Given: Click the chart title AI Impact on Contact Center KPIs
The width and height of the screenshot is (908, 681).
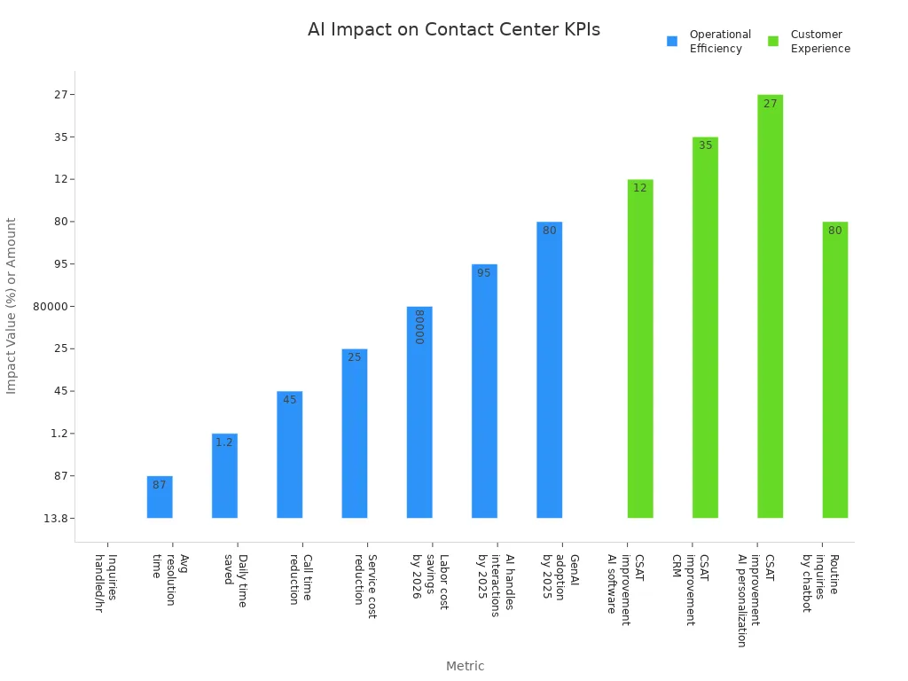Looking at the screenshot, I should coord(453,29).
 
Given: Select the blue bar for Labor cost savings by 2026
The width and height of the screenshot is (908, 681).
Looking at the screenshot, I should coord(419,412).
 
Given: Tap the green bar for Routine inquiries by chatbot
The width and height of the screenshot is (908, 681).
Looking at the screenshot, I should coord(834,370).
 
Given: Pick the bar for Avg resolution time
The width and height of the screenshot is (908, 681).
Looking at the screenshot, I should coord(160,497).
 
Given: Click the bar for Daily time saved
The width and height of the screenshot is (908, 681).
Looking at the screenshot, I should coord(224,475).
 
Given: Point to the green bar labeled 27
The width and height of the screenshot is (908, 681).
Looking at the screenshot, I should coord(770,306).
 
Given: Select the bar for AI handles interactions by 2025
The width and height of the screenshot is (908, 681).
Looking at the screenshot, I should coord(484,391).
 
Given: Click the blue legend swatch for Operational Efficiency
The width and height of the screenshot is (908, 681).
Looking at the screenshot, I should coord(672,41).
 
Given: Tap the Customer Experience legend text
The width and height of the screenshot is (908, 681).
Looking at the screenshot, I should coord(819,42).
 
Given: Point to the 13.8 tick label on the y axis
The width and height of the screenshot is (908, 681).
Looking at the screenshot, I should coord(57,519).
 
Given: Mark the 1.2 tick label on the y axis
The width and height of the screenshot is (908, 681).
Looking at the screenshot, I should coord(59,434).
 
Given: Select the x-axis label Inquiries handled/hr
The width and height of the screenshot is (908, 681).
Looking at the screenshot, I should coord(106,583).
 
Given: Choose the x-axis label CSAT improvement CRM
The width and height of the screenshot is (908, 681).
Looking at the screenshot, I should coord(691,589).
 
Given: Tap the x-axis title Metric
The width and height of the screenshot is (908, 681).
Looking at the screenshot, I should coord(465,666).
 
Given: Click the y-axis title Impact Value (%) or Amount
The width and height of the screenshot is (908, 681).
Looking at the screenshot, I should coord(12,306).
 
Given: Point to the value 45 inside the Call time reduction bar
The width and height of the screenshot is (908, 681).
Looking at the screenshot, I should coord(290,400).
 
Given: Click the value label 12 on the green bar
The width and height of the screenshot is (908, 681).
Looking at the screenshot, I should coord(640,188).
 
